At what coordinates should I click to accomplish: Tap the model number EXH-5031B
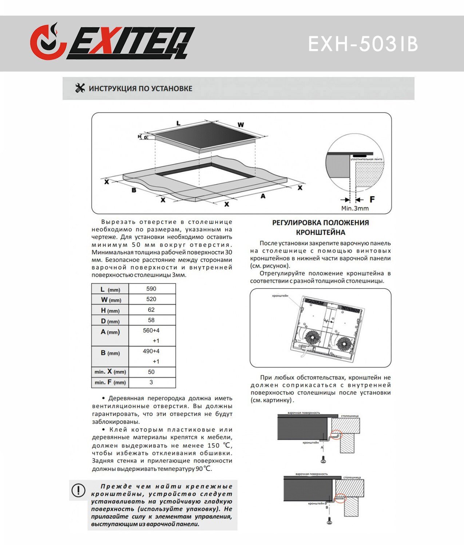point(363,44)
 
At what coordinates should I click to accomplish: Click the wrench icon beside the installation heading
point(80,88)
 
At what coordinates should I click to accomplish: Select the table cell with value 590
point(151,289)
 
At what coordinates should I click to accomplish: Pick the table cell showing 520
point(151,299)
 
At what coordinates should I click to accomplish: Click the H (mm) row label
point(110,310)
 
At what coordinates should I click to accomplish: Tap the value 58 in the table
point(151,320)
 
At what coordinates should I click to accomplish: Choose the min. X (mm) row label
point(110,372)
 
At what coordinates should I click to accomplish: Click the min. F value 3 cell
point(151,383)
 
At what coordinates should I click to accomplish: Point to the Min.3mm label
point(355,209)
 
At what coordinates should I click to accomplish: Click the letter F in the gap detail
point(372,199)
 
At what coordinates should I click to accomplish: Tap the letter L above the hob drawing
point(178,124)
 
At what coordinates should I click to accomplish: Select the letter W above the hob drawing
point(241,125)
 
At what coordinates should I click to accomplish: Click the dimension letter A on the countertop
point(263,196)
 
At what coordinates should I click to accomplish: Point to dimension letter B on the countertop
point(134,190)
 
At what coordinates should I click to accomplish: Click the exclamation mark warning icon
point(78,490)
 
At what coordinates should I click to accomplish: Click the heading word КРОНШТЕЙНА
point(320,232)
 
